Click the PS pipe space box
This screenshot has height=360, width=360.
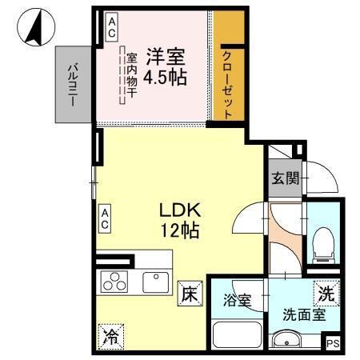[333, 342]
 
